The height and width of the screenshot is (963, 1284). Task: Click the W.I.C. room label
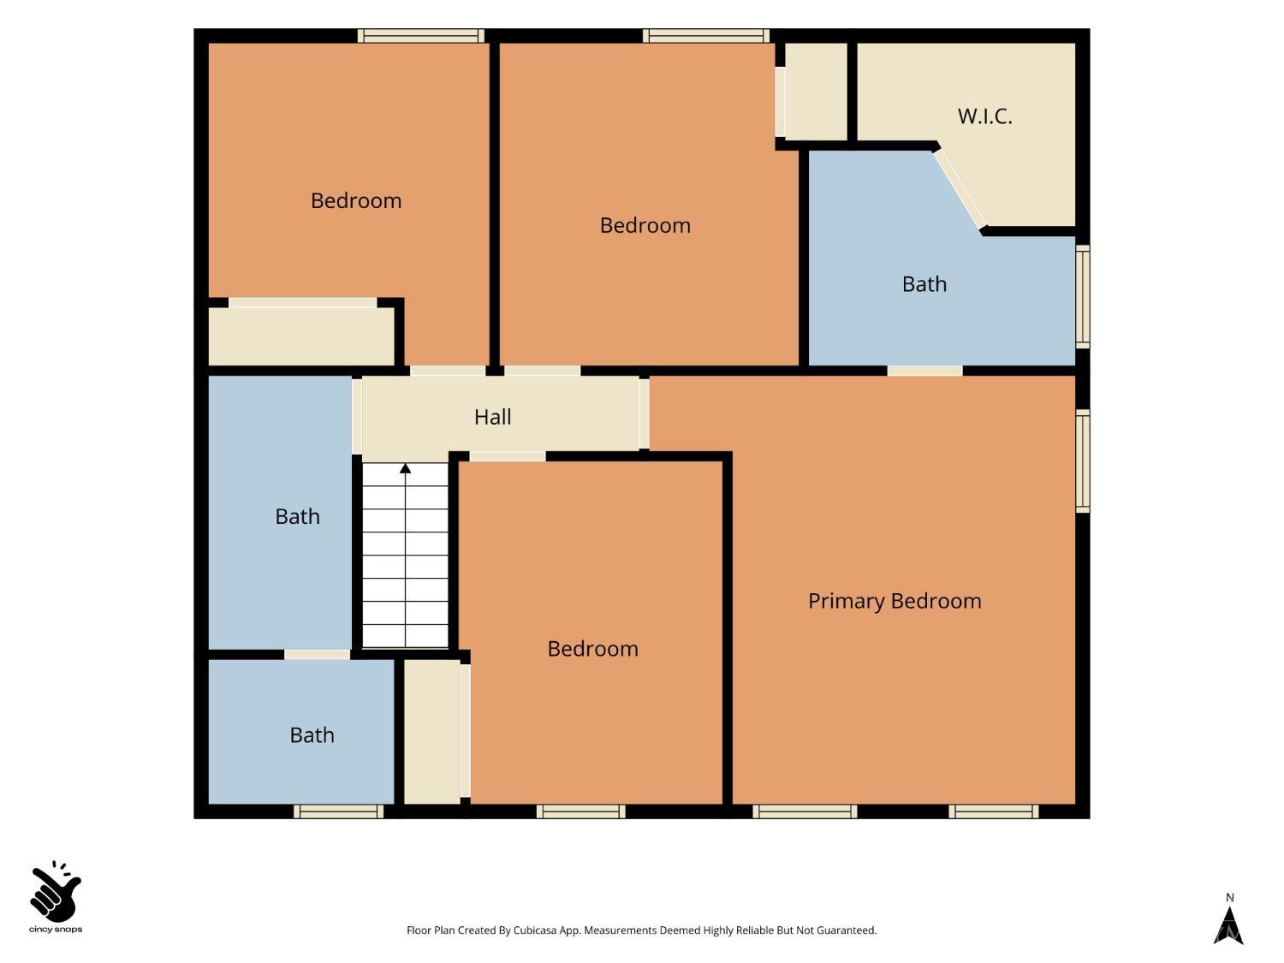coord(984,116)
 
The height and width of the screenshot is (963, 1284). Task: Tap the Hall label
coord(492,417)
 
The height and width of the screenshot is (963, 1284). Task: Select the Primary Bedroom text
coord(895,601)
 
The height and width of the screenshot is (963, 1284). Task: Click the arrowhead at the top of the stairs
coord(406,468)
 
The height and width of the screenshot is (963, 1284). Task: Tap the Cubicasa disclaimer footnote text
coord(642,930)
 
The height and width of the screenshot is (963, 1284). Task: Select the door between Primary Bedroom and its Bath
coord(924,371)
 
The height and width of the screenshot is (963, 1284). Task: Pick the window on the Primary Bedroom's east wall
coord(1083,461)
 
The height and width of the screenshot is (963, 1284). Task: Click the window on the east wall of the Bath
coord(1083,296)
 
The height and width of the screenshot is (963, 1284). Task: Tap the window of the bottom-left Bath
coord(339,811)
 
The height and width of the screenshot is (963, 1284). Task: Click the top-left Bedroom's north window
coord(421,36)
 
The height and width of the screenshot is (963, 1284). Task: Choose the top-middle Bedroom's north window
coord(706,36)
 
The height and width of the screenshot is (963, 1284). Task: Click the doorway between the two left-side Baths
coord(318,655)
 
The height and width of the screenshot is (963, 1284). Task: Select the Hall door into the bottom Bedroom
coord(508,456)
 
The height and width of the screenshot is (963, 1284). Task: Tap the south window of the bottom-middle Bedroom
coord(581,811)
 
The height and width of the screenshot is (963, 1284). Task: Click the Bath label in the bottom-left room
coord(312,735)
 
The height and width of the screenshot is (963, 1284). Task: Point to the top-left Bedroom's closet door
coord(302,303)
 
